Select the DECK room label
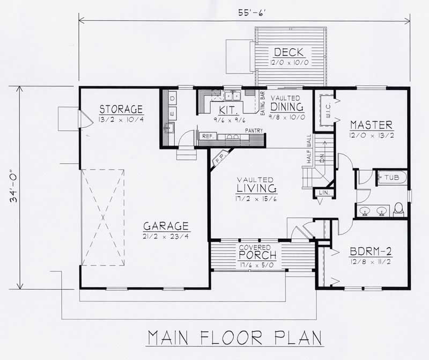click(289, 53)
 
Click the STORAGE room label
click(121, 109)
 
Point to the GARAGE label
click(166, 226)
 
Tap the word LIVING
click(256, 188)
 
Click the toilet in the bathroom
click(399, 209)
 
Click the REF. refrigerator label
click(208, 136)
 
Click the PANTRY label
click(253, 130)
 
